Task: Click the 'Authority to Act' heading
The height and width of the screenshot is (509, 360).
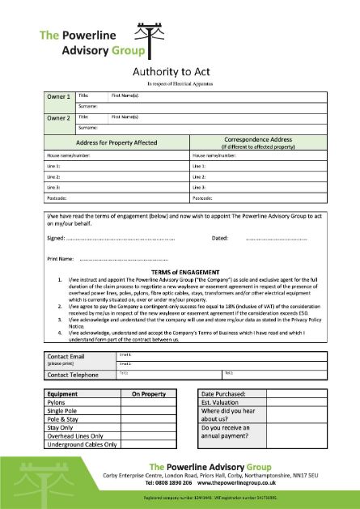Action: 197,71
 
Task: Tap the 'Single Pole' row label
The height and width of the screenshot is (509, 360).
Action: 64,410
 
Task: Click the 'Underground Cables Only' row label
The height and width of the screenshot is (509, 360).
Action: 82,444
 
